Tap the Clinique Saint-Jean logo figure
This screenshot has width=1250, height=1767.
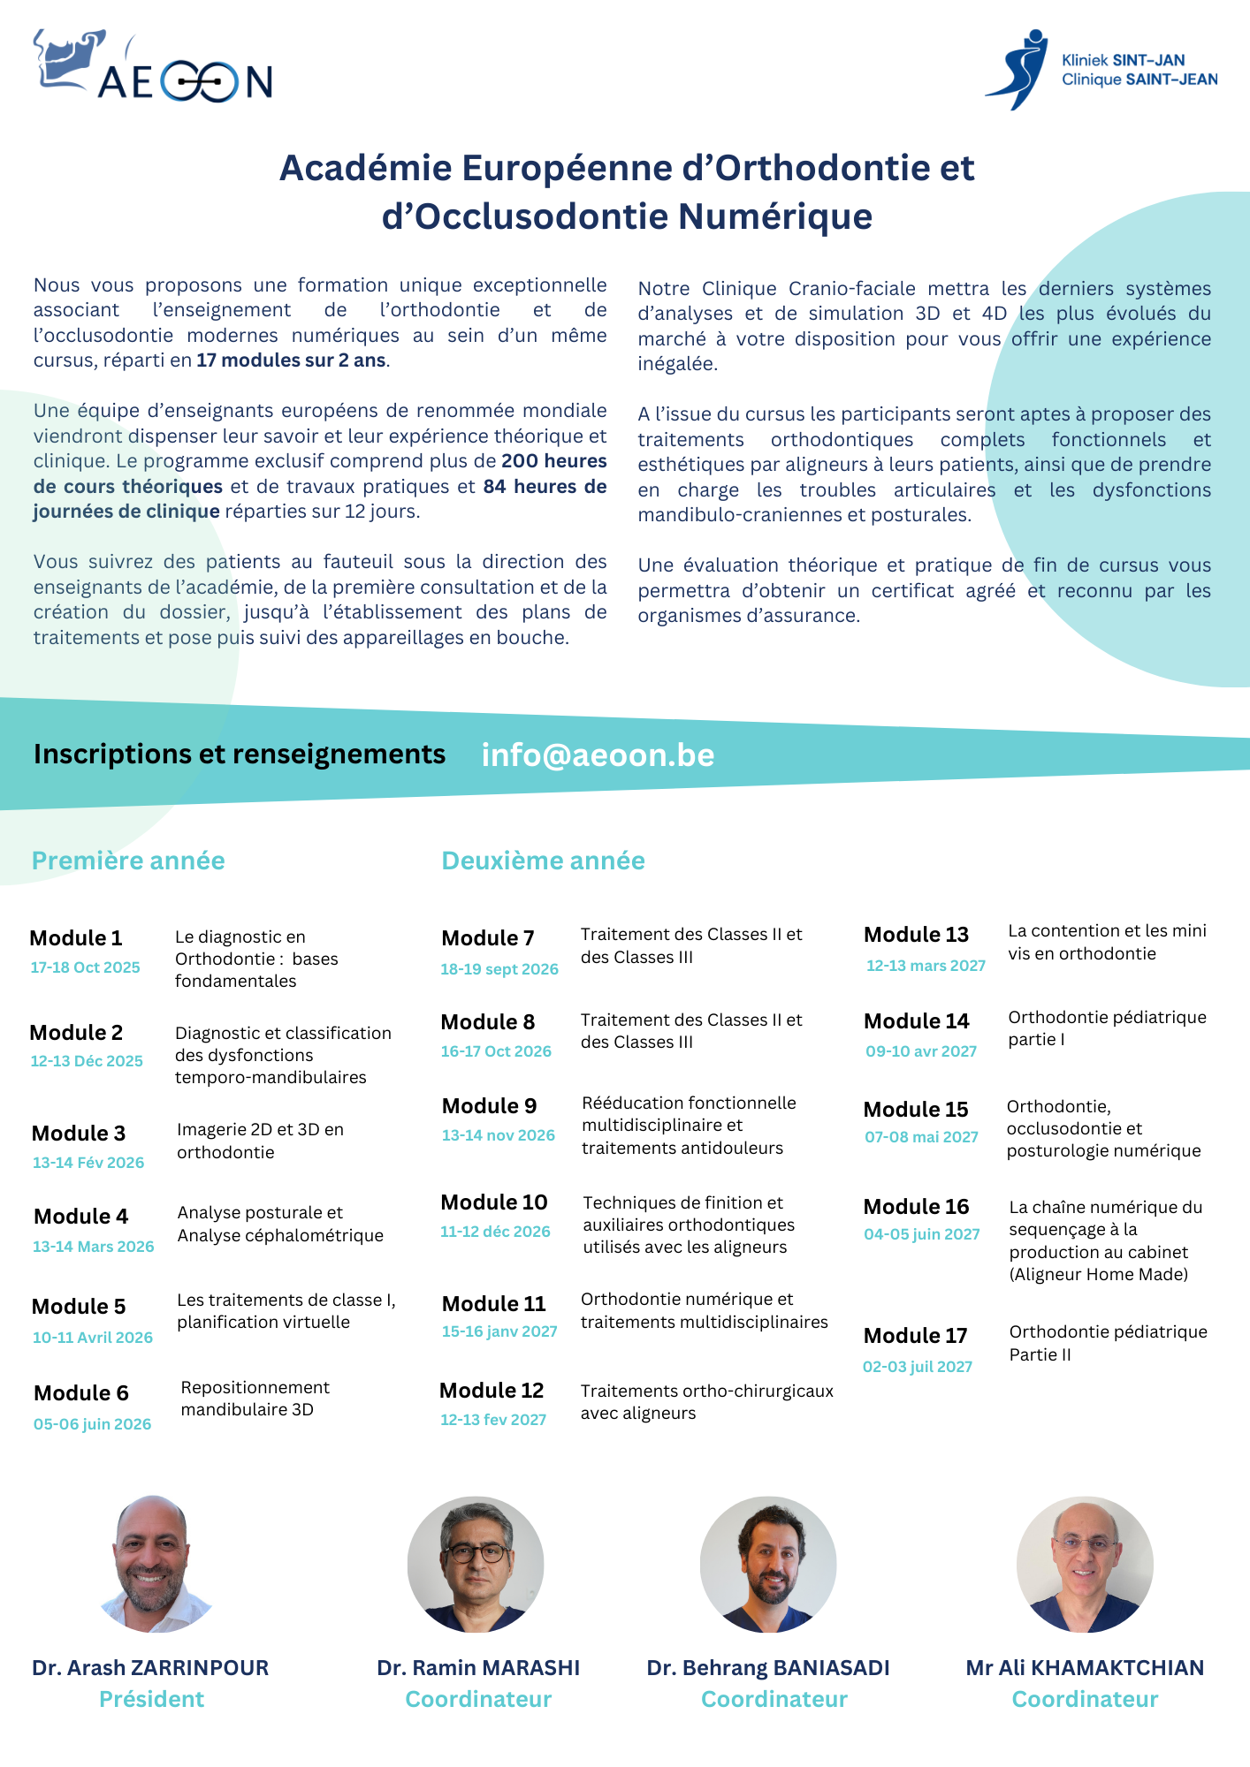[1019, 70]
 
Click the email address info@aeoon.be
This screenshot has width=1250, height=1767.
[598, 755]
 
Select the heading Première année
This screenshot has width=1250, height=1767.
[128, 861]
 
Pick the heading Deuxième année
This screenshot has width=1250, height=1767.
[543, 861]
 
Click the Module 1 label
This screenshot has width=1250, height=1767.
[76, 938]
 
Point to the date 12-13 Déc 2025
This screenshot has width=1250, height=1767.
[87, 1061]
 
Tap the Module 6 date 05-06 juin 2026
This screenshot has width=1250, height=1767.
[93, 1424]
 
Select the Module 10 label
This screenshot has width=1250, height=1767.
[494, 1202]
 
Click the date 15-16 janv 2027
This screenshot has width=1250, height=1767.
[499, 1331]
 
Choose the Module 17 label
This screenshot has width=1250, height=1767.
[915, 1336]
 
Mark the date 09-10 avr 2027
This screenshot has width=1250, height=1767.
[921, 1051]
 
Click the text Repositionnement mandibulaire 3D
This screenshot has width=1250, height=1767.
[255, 1399]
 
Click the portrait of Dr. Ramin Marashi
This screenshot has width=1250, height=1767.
[476, 1564]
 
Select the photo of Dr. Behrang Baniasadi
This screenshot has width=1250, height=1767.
[768, 1564]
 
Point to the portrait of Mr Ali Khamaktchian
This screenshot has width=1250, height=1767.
[1085, 1564]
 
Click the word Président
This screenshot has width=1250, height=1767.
[151, 1699]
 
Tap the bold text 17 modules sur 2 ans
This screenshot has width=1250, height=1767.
[291, 360]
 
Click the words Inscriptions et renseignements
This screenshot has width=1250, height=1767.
[240, 755]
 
